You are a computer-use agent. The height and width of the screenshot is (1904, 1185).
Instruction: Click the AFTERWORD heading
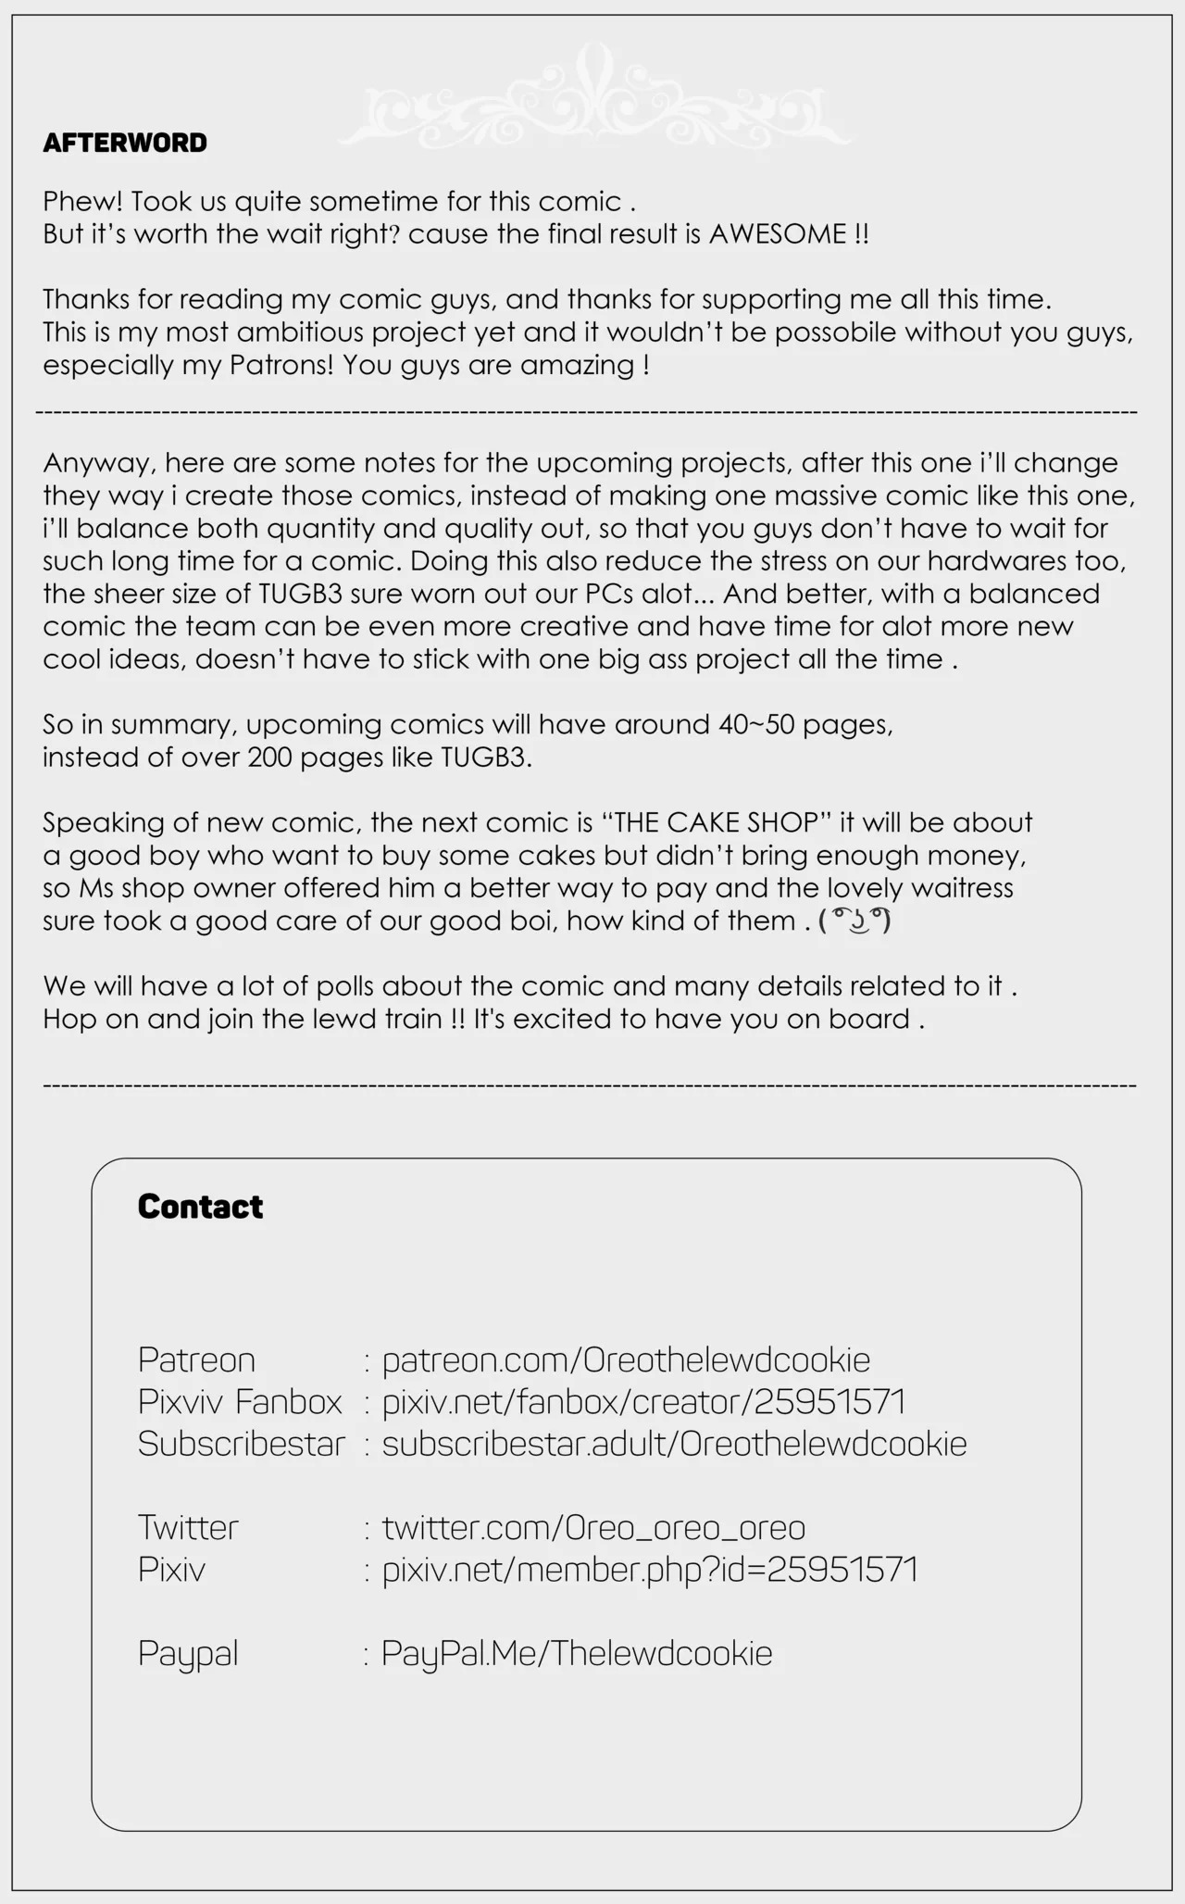(125, 144)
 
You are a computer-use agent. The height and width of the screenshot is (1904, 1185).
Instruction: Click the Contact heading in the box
(200, 1207)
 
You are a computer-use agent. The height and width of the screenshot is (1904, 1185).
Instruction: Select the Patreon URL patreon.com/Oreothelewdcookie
(626, 1359)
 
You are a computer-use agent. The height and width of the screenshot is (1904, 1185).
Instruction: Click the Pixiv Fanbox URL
(643, 1401)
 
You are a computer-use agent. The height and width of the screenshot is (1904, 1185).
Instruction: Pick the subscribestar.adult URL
(674, 1443)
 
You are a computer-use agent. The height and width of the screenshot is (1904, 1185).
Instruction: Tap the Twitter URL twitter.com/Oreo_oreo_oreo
(593, 1527)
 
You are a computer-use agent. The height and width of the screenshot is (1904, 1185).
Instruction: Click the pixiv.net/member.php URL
(650, 1569)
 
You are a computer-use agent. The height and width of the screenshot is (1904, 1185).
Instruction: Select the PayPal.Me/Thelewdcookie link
(577, 1653)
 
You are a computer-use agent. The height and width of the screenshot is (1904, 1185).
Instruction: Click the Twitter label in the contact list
(188, 1527)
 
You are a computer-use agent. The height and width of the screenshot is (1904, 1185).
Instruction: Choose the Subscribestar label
(241, 1443)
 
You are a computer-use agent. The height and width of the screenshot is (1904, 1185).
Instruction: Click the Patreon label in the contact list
(196, 1359)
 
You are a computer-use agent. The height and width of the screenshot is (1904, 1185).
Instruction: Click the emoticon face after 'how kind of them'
(854, 921)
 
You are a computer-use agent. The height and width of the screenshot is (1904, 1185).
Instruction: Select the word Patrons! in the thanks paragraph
(281, 365)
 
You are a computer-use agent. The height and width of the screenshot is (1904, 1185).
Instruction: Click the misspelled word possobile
(835, 332)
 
